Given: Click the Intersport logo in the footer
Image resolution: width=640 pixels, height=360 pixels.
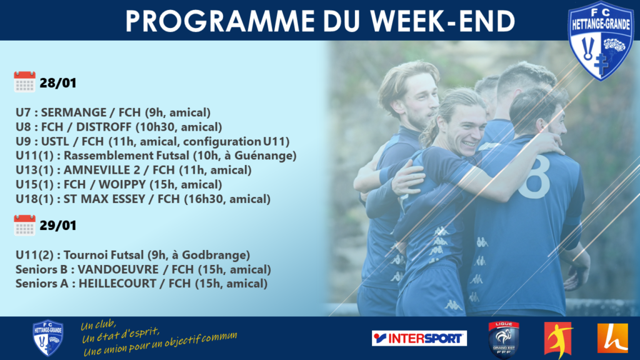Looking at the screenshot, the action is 419,338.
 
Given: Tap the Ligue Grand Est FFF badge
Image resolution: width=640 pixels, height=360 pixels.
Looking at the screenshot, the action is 504,339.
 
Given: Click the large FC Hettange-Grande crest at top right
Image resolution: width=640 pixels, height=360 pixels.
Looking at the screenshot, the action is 601,41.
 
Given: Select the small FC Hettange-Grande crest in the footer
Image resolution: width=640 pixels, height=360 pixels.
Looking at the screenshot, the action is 47,338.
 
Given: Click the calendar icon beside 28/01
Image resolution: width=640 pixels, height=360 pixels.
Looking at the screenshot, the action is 24,82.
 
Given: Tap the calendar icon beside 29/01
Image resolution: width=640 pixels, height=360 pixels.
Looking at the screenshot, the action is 24,225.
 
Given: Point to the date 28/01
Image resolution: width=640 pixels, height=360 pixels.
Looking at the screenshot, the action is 58,83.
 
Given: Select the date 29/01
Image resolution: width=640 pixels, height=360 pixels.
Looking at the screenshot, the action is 58,226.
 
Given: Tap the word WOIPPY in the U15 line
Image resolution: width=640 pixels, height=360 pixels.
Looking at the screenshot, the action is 122,184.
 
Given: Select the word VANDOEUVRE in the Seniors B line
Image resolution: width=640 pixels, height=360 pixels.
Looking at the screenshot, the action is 118,269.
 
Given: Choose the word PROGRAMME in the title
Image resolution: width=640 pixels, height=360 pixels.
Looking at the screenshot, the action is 220,21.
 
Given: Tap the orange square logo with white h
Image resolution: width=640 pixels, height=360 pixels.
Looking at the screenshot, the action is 612,338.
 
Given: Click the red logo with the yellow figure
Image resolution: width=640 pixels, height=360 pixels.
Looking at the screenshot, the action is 559,339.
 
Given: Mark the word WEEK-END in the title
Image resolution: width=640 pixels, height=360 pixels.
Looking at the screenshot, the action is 443,21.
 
